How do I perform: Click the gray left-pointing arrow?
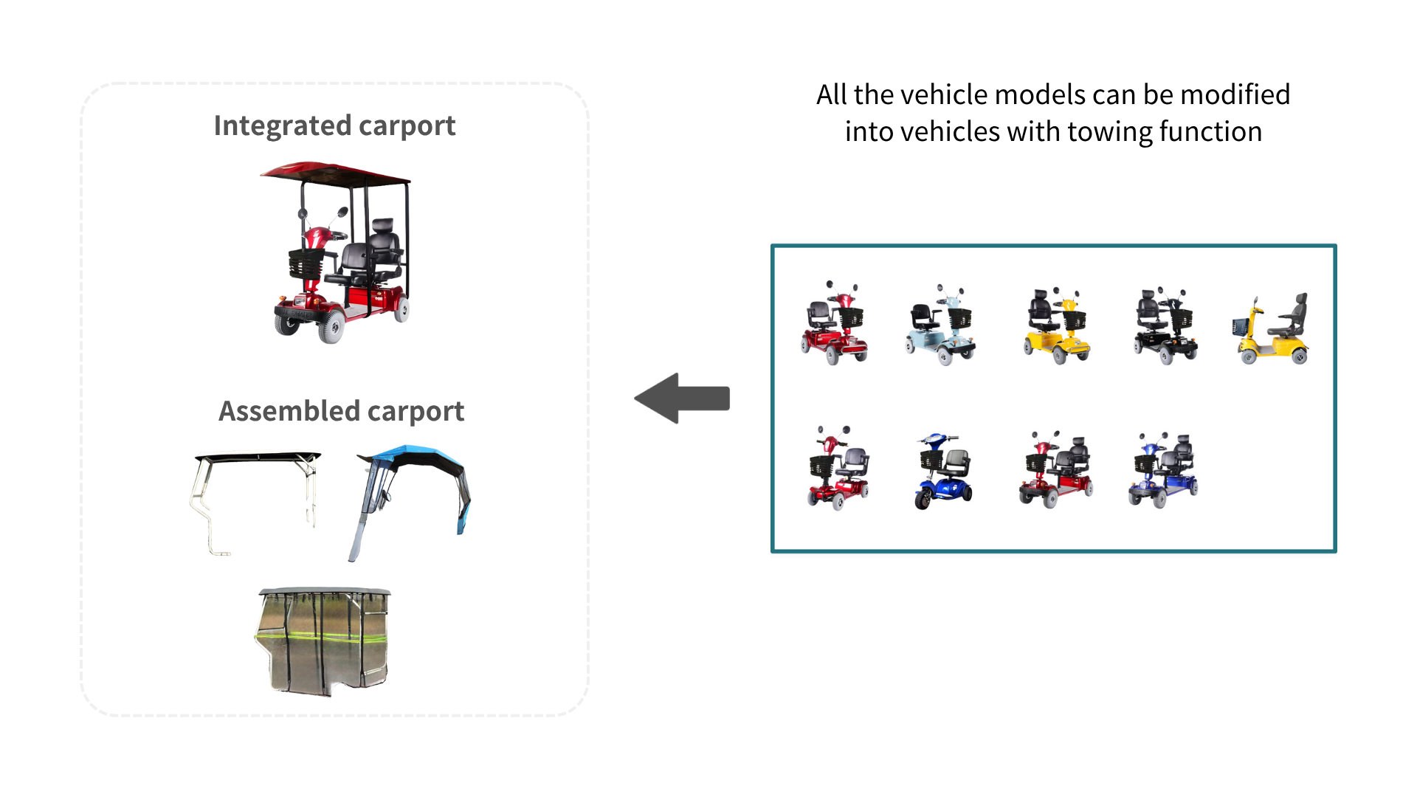(x=682, y=398)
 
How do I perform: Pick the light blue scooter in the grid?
(x=940, y=325)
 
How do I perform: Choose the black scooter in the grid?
(x=1165, y=325)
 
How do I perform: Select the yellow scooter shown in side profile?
(x=1271, y=329)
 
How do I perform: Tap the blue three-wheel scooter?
(x=942, y=471)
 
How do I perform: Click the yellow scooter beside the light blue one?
(x=1056, y=325)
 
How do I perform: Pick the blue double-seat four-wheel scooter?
(x=1163, y=470)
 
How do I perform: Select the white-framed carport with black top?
(x=255, y=494)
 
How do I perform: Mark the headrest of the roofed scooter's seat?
(x=383, y=225)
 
